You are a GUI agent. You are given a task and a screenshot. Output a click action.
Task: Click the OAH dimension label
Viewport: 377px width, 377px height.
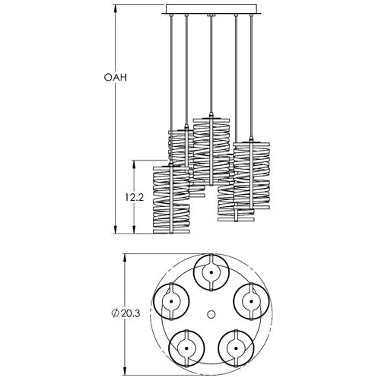pos(115,78)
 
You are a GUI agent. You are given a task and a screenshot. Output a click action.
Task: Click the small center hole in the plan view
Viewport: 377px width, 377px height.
pos(211,314)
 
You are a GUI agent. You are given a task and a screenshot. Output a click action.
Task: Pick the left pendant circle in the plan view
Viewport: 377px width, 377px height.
pos(171,301)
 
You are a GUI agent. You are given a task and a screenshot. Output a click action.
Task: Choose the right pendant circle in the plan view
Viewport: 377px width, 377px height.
pos(251,301)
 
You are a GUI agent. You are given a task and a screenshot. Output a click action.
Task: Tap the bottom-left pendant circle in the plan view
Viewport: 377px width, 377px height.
pos(187,348)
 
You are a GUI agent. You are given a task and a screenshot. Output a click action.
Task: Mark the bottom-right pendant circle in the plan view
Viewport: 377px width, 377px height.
pos(236,348)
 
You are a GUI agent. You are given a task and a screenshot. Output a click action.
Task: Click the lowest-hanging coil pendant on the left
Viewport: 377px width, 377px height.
pos(171,200)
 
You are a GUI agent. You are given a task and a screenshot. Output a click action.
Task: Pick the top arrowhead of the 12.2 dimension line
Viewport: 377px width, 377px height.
pos(134,163)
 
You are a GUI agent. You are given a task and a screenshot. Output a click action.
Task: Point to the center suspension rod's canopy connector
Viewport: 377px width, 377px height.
pos(211,15)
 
